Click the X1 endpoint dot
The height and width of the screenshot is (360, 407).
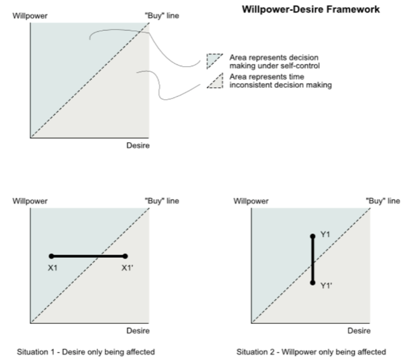(51, 256)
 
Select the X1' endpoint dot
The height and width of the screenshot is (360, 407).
(125, 256)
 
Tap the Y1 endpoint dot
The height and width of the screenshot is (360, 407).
(313, 237)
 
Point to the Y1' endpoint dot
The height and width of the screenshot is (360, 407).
(313, 282)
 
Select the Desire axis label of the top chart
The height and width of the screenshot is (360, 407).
(138, 146)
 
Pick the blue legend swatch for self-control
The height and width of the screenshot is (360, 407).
(213, 60)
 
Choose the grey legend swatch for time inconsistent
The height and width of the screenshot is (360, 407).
(213, 82)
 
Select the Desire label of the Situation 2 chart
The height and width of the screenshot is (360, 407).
(359, 331)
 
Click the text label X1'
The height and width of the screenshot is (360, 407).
(127, 268)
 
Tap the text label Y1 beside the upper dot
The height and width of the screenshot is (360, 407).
(325, 234)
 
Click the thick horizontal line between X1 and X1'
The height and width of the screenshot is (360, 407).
(88, 256)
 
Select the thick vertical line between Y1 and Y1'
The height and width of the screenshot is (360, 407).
(313, 260)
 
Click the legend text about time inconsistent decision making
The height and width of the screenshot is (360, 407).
(280, 81)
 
